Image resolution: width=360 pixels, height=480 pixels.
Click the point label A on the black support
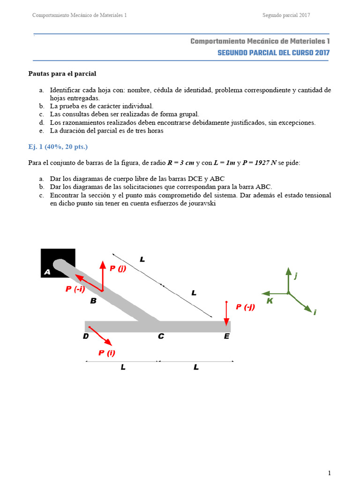tap(47, 272)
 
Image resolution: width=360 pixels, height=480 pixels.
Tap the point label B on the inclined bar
tap(93, 301)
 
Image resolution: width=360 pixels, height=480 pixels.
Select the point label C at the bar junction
tap(161, 336)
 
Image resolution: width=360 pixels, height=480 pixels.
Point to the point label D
tap(86, 336)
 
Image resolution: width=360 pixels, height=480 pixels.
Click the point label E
tap(226, 336)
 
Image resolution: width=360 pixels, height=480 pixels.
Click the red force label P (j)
tap(118, 268)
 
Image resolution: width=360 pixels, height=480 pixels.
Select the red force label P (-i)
tap(75, 289)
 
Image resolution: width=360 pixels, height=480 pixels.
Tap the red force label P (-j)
tap(245, 307)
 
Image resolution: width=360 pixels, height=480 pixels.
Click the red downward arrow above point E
tap(226, 313)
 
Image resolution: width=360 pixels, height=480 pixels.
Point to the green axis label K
tap(270, 301)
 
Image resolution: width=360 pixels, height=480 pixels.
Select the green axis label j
tap(296, 277)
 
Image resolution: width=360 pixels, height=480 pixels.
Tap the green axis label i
tap(315, 312)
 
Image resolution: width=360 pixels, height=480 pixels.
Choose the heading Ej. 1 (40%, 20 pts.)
tap(57, 147)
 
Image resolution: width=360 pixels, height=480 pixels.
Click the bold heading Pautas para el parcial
tap(62, 74)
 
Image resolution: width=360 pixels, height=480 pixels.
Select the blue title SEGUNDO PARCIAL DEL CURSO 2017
tap(273, 53)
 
